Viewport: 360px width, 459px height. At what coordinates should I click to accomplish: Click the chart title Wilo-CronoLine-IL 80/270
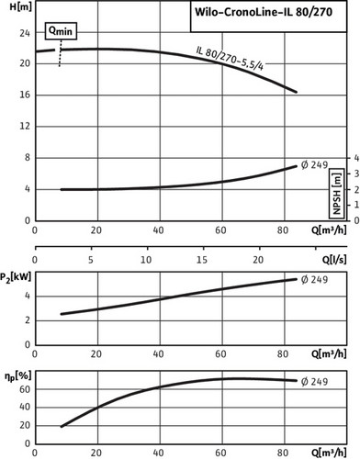tap(264, 12)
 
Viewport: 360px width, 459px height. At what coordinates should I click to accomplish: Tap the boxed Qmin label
tap(61, 31)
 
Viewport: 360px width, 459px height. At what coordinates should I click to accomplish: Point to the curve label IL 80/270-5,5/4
tap(230, 59)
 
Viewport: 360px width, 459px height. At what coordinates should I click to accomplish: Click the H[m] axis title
tap(20, 7)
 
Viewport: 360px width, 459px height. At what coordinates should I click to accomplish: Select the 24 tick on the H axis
tap(25, 33)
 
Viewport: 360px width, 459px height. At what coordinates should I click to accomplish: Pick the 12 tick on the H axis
tap(25, 126)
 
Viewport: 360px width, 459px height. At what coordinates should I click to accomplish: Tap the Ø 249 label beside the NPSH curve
tap(314, 165)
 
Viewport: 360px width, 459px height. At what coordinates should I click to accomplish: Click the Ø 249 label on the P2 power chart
tap(314, 280)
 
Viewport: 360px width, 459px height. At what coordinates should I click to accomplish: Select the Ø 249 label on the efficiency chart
tap(314, 382)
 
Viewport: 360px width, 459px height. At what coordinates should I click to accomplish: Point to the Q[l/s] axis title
tap(334, 260)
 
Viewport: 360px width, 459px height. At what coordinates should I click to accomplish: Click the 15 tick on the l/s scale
tap(202, 260)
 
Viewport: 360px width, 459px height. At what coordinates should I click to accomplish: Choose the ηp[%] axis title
tap(18, 376)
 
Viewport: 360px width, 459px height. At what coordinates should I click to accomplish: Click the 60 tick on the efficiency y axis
tap(25, 389)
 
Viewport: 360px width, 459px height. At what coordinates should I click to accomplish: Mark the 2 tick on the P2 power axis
tap(28, 320)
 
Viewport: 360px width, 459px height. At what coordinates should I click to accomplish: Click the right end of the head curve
tap(296, 92)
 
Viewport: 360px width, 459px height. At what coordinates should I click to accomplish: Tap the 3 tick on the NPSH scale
tap(356, 174)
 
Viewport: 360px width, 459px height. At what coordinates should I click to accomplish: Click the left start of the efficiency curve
tap(62, 426)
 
